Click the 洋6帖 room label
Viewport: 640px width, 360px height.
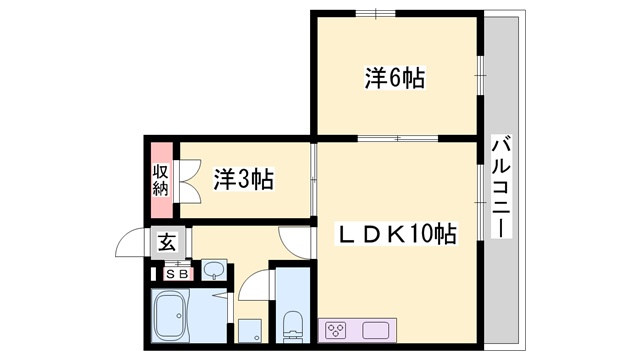point(394,78)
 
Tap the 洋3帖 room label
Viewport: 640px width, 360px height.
point(244,179)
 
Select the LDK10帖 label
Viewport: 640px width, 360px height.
point(396,233)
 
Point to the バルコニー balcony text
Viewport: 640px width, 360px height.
point(502,188)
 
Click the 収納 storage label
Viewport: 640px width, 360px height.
point(160,180)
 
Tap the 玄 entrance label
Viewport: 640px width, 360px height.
point(168,243)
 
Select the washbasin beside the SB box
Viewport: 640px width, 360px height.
point(214,270)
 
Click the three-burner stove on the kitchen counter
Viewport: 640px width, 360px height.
point(336,330)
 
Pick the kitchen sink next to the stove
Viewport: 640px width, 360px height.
point(376,330)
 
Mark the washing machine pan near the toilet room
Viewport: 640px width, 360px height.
point(249,331)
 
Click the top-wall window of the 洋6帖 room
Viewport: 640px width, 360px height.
point(376,13)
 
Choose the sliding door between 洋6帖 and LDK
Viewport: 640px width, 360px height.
point(398,138)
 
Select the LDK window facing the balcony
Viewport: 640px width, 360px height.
point(480,202)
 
